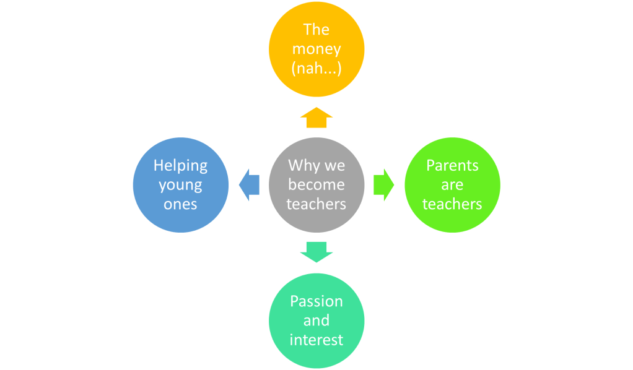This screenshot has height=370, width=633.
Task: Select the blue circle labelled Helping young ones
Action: [x=181, y=184]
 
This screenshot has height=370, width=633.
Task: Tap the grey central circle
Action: [x=316, y=184]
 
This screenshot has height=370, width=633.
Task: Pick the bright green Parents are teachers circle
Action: [x=452, y=184]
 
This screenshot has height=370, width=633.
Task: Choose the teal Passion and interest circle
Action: [x=316, y=321]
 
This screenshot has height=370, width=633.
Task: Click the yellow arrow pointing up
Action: [x=316, y=118]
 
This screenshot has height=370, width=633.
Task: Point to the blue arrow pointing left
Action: [x=248, y=184]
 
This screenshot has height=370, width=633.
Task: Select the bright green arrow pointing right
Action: [x=384, y=184]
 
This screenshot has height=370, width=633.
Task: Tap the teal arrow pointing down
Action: [x=316, y=251]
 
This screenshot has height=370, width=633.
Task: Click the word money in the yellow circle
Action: [x=316, y=49]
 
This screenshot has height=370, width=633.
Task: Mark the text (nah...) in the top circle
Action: [x=316, y=69]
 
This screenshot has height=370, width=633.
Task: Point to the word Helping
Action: [x=181, y=165]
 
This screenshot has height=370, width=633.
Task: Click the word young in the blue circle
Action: [x=181, y=184]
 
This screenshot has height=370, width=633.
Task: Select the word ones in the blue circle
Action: [x=181, y=204]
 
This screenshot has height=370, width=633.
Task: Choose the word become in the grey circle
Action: [x=316, y=184]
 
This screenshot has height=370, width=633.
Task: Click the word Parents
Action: [x=452, y=165]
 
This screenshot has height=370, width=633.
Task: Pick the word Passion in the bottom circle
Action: [x=316, y=301]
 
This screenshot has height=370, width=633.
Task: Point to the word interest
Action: [x=316, y=340]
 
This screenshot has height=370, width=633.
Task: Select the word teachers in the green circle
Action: [x=452, y=204]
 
